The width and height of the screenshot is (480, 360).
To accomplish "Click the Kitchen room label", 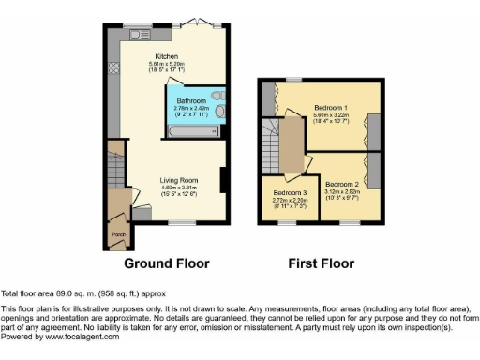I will [x=167, y=57].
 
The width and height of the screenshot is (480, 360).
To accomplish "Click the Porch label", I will [x=118, y=234].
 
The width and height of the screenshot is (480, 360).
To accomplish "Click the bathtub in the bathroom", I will [x=193, y=132].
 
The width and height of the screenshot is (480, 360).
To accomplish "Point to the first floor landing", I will [x=292, y=145].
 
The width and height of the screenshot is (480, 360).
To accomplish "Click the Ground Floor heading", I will [x=167, y=262].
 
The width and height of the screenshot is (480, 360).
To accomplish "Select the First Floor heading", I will [x=322, y=262].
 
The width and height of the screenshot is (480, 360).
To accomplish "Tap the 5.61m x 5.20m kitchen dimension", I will [x=167, y=64].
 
